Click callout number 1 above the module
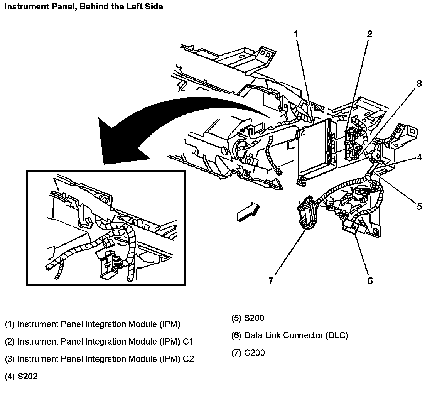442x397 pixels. click(296, 35)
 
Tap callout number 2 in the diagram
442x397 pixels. click(369, 34)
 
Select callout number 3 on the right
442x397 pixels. click(419, 84)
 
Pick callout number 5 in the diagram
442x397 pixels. click(419, 206)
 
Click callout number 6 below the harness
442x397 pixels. click(370, 280)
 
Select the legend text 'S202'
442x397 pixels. click(28, 376)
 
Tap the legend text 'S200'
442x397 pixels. click(254, 318)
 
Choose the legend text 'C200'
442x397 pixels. click(254, 353)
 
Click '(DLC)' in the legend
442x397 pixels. click(337, 335)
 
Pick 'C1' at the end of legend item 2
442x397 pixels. click(188, 341)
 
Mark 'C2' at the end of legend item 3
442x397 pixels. click(188, 359)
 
